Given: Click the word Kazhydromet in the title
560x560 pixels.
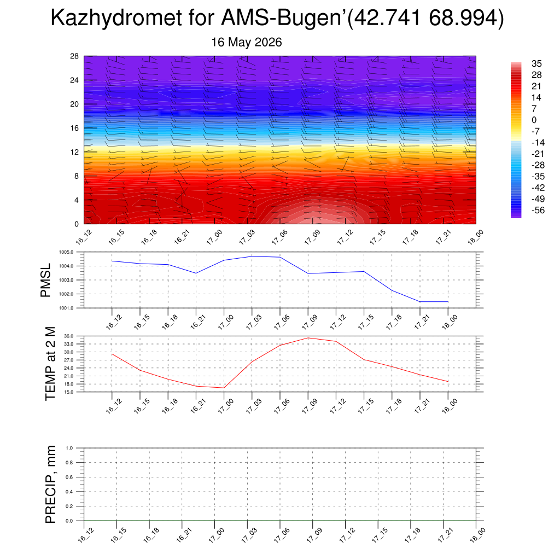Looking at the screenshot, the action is tap(116, 17).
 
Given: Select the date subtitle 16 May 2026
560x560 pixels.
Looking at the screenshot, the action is tap(247, 42).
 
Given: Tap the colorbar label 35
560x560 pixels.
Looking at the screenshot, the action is tap(536, 63).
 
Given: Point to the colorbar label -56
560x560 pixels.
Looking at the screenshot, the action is tap(538, 211).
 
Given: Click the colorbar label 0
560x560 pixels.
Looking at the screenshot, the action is tap(534, 120).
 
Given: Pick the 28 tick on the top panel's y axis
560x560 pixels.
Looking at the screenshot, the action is tap(74, 56).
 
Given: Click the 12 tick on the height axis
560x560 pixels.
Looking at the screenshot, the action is tap(74, 152).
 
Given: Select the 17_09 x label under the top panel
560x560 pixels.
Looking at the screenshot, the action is tap(312, 237).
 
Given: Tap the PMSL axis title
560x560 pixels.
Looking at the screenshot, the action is tap(46, 281).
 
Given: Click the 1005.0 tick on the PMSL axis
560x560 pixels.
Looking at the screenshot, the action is tap(66, 252).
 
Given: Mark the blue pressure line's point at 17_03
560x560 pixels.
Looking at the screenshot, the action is tap(252, 256).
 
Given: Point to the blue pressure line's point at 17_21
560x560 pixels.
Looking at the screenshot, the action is tap(420, 302).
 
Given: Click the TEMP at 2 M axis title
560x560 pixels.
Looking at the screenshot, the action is tap(51, 364).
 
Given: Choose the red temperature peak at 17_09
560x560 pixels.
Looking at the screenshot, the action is tap(308, 338).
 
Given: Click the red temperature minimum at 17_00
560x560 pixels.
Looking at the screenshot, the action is tap(224, 388).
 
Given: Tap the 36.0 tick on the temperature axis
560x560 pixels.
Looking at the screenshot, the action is tap(69, 336).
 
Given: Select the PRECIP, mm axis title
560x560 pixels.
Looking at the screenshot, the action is tap(51, 485).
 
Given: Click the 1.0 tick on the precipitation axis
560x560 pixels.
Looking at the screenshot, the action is tap(69, 448).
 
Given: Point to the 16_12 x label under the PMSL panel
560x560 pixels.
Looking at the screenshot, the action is tap(114, 322).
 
